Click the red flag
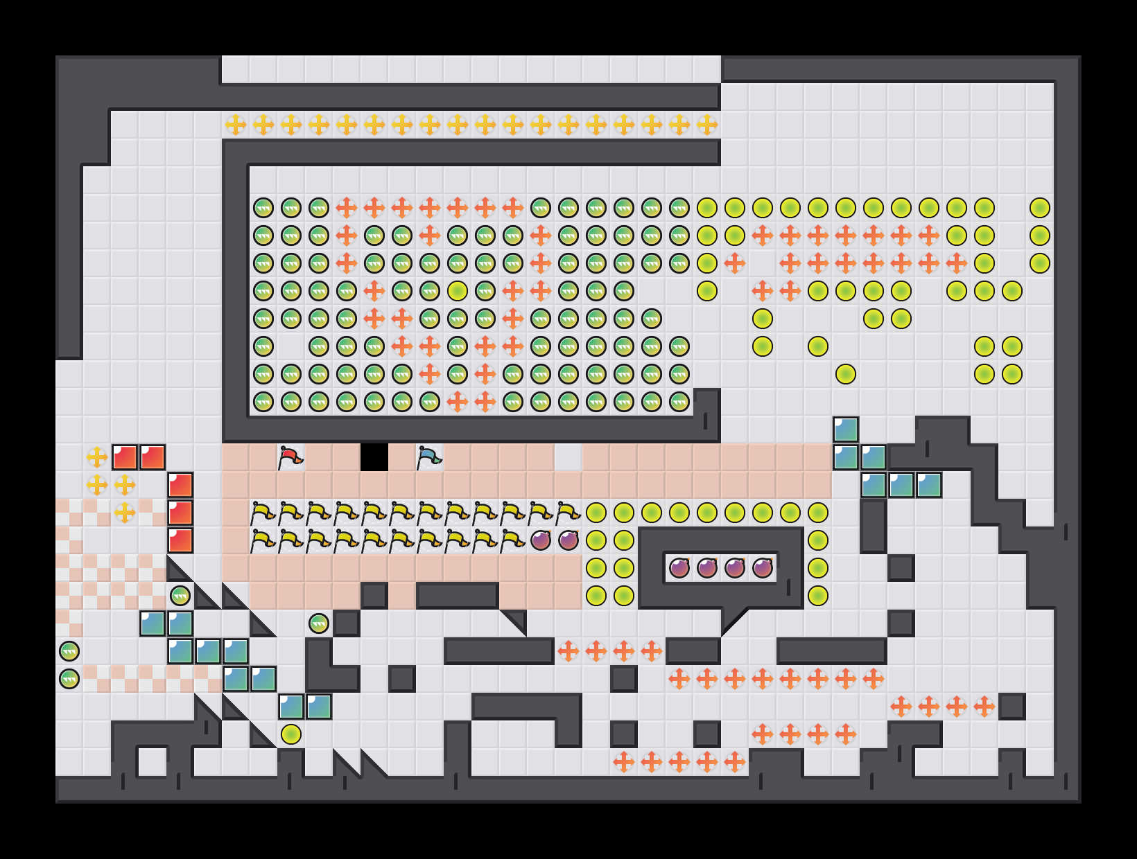point(290,457)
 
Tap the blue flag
point(429,457)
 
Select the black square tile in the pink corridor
point(374,457)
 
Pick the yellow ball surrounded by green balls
point(458,291)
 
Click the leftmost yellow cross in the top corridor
point(236,125)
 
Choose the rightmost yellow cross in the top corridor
point(707,125)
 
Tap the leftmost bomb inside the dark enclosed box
point(679,568)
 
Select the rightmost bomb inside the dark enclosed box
point(763,568)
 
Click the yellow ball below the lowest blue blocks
point(291,734)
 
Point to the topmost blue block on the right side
point(846,429)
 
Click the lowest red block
point(180,540)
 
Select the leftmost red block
point(125,457)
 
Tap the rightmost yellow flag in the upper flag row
point(568,513)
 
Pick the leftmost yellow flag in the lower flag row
point(263,540)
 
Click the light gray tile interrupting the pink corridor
point(568,457)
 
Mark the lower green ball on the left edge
point(69,679)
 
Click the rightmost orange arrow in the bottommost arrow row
point(735,762)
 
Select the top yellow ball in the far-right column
point(1040,208)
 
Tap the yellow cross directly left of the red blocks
point(97,457)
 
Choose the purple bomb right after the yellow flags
point(541,540)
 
